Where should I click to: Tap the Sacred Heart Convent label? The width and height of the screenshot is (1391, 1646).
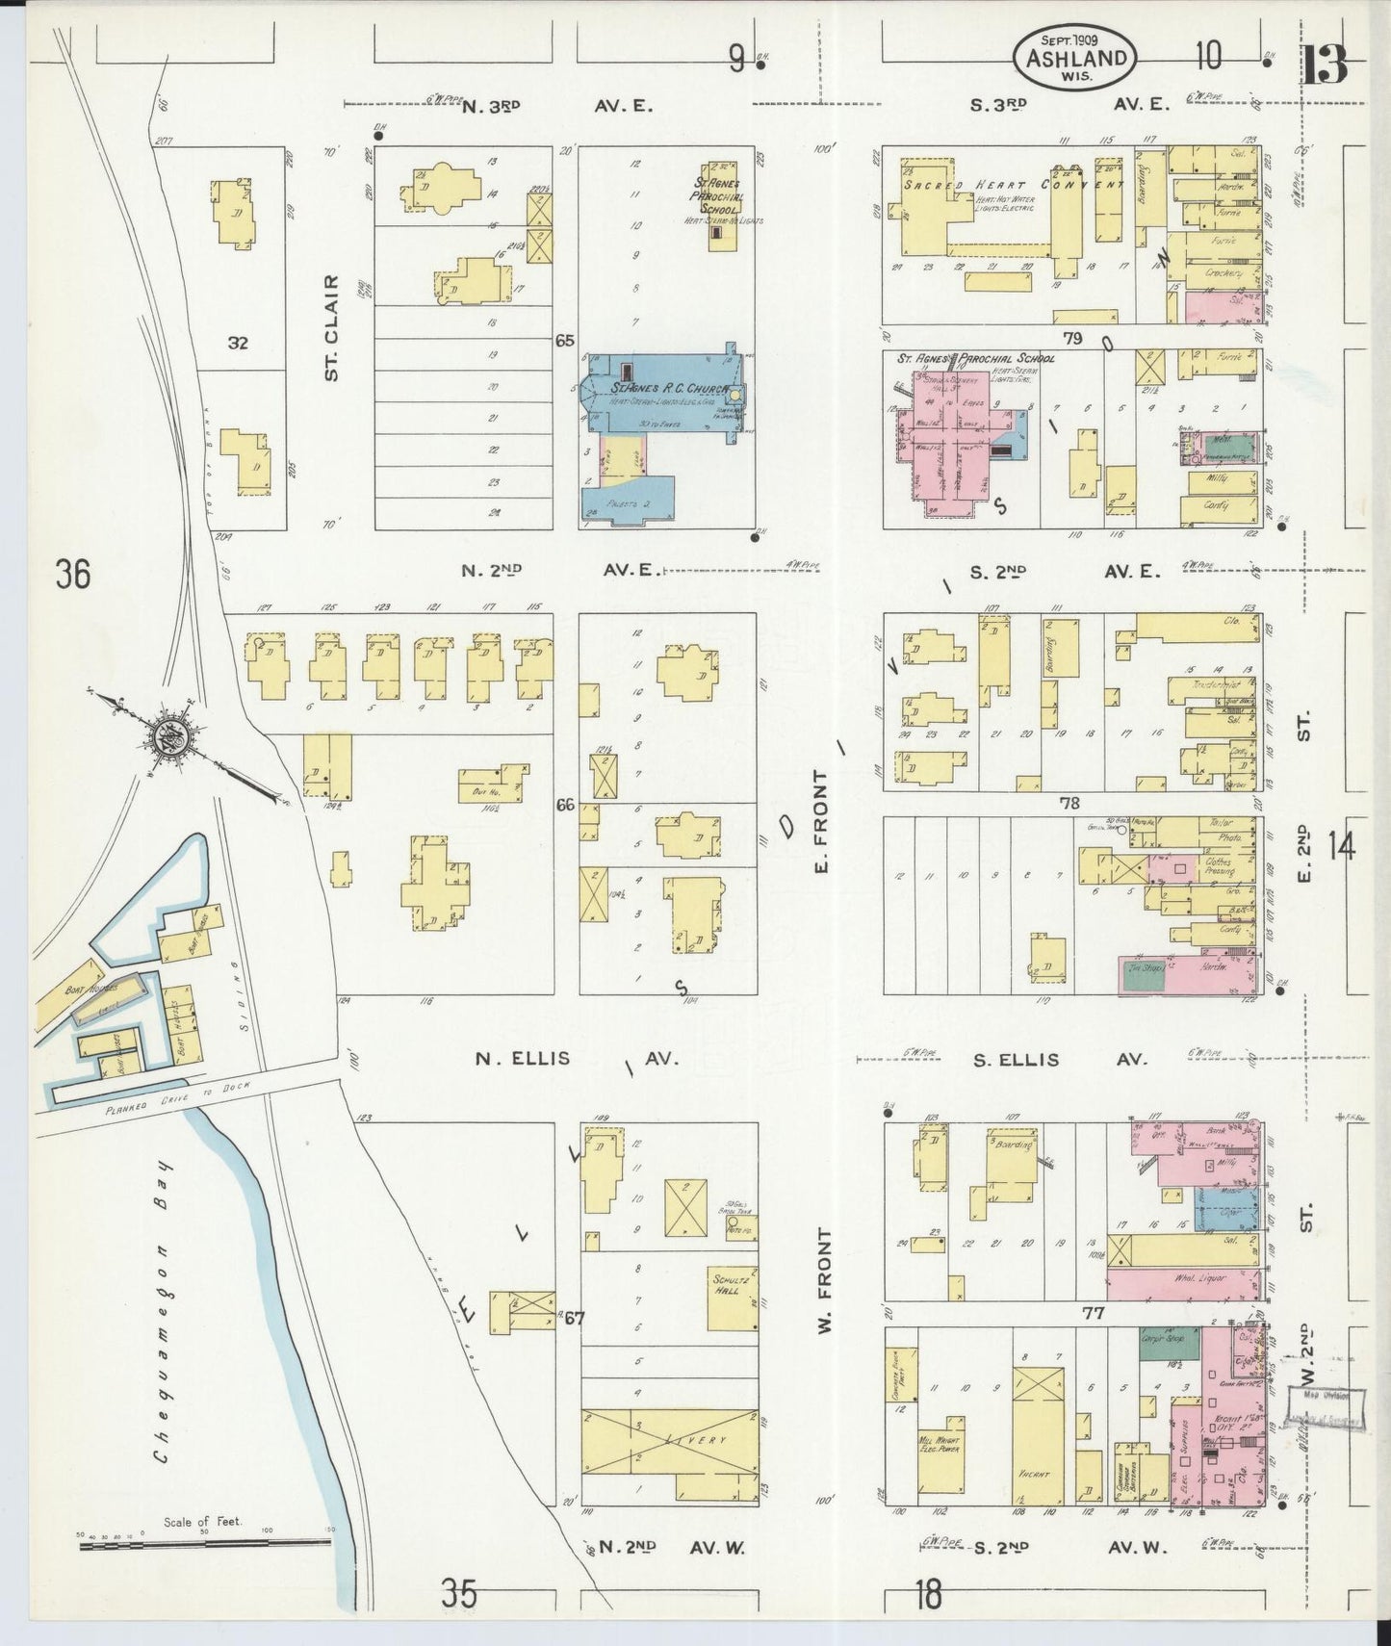point(1011,185)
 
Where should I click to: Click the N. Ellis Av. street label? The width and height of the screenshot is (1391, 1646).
point(576,1059)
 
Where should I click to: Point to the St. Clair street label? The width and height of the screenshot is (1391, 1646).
point(332,327)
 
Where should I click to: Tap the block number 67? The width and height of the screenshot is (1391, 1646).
point(575,1318)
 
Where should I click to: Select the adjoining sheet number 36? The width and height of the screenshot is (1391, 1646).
point(73,575)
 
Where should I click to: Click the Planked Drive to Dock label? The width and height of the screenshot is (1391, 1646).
point(178,1097)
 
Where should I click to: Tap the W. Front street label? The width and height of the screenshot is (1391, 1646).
point(824,1280)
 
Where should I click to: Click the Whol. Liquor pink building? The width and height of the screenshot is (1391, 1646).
point(1182,1282)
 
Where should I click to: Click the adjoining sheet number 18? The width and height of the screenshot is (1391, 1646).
point(928,1594)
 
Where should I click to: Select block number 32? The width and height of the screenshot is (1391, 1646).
point(239,342)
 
